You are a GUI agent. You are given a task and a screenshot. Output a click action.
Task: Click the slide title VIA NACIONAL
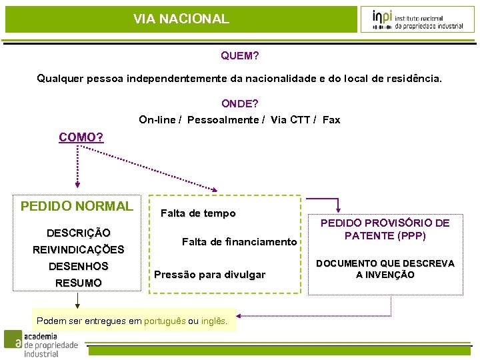(x=181, y=19)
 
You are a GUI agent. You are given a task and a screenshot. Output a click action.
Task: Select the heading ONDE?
(x=240, y=103)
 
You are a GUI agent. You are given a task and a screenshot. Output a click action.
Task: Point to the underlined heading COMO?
(x=81, y=137)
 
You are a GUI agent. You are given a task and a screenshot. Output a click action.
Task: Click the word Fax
(x=331, y=120)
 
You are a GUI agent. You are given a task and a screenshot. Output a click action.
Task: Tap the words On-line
(x=157, y=120)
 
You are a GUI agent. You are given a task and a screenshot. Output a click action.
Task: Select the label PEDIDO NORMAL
(x=77, y=206)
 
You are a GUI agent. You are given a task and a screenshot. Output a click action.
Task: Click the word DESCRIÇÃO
(x=79, y=233)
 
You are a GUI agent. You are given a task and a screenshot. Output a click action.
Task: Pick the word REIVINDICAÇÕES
(x=79, y=250)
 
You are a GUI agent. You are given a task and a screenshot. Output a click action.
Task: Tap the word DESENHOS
(x=79, y=267)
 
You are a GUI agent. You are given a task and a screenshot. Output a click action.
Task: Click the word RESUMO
(x=79, y=283)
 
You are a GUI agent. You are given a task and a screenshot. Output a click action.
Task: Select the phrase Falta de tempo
(x=198, y=213)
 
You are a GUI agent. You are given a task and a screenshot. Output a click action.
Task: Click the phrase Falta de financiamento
(x=239, y=242)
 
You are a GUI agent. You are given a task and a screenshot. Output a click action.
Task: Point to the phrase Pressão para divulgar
(x=209, y=275)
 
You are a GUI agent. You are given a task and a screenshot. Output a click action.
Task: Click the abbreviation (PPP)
(x=411, y=235)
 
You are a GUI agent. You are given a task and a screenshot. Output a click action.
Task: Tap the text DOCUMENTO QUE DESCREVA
(x=385, y=264)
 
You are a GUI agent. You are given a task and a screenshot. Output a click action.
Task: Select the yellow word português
(x=165, y=321)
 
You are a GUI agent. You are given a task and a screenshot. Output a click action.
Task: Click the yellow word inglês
(x=213, y=321)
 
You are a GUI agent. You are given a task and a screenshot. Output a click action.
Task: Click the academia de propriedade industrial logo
(x=41, y=344)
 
